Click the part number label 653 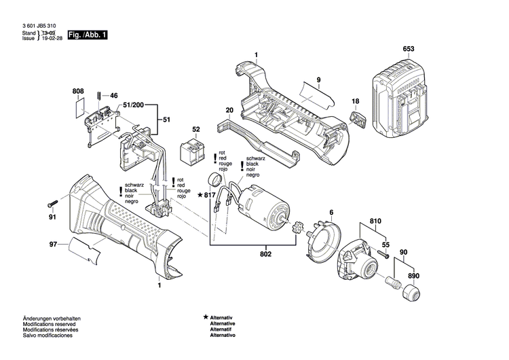408,49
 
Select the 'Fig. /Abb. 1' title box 88,34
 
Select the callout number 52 196,129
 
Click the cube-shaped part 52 191,153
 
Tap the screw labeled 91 55,204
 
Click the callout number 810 375,221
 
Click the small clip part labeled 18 358,120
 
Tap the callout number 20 229,110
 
